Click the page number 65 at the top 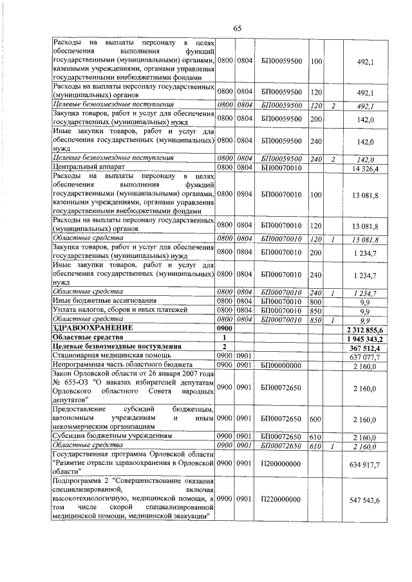237,28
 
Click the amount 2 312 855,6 365,328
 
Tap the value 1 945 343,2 365,338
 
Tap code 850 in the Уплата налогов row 315,309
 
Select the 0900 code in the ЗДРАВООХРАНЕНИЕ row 225,328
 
